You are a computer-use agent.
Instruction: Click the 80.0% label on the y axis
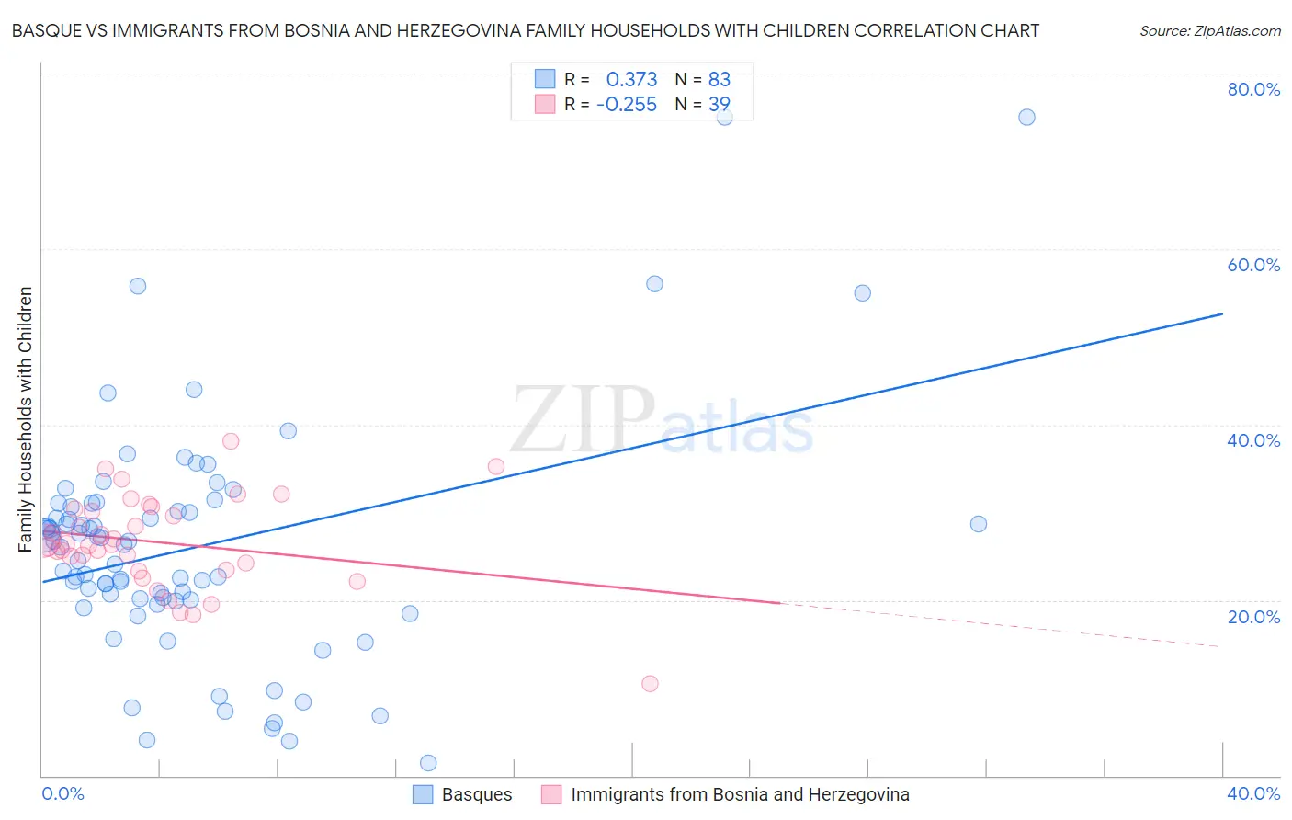1253,89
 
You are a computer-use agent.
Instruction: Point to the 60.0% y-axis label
1253,265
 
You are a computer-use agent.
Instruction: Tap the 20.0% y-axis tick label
1253,616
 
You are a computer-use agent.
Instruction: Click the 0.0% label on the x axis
62,793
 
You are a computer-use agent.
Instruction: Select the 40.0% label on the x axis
1253,793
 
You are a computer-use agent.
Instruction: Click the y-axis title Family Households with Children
26,419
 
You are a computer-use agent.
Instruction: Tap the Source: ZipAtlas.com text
1209,30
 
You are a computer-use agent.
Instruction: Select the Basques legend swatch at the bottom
423,794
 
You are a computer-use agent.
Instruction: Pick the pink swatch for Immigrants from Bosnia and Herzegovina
551,794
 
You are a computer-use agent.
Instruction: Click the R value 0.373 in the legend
631,79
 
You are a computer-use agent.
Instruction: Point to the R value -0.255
627,105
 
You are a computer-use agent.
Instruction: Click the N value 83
719,79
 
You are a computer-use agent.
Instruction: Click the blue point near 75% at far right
1026,117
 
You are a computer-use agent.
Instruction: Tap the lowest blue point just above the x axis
428,763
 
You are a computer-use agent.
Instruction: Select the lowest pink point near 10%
650,683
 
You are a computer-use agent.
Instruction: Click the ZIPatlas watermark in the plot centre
662,420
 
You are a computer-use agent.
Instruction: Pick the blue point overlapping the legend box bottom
724,117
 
